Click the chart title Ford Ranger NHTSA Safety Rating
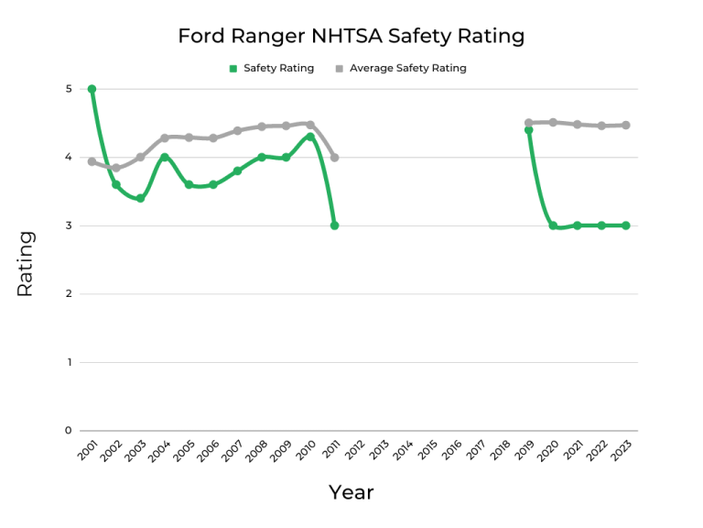351,36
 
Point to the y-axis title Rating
25,263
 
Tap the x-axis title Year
351,492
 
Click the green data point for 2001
92,89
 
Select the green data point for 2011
334,225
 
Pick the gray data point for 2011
334,158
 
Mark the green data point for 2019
528,130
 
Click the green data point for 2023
626,225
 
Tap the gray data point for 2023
626,125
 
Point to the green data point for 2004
165,158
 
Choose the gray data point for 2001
92,161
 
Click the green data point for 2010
310,137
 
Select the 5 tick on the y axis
68,89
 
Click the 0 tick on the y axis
68,431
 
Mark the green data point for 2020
553,225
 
